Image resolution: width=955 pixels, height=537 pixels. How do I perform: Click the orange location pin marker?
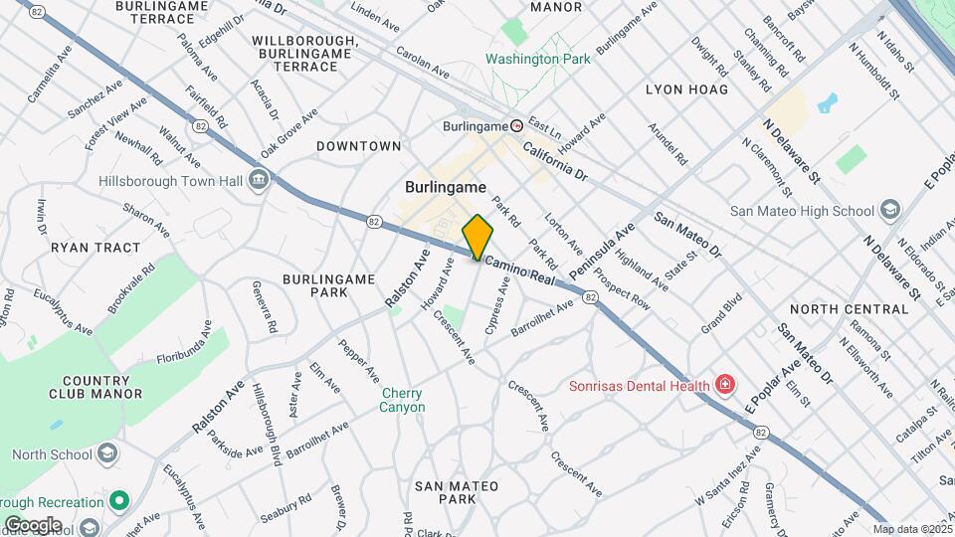[477, 237]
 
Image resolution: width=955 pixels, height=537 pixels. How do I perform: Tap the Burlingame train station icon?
[516, 125]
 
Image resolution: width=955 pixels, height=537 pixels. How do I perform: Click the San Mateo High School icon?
[889, 210]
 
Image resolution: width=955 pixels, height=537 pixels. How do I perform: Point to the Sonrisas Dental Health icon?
[724, 385]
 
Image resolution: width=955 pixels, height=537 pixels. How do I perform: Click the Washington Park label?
[537, 59]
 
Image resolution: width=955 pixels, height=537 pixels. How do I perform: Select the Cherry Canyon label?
[402, 400]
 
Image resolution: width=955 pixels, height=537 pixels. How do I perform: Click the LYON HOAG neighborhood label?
[686, 89]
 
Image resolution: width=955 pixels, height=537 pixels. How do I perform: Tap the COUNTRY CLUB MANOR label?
[101, 387]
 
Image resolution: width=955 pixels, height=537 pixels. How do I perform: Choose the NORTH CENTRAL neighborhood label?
[850, 309]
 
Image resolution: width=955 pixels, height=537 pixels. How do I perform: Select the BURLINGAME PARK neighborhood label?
[314, 285]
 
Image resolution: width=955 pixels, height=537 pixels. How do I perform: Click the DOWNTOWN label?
[358, 146]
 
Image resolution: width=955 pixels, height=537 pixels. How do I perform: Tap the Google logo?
[32, 524]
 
